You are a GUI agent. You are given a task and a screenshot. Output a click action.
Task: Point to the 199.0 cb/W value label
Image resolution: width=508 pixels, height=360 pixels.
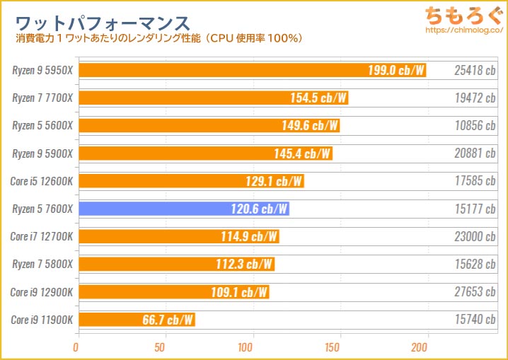(396, 71)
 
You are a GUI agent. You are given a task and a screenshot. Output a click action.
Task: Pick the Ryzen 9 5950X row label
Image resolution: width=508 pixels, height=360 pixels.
(42, 71)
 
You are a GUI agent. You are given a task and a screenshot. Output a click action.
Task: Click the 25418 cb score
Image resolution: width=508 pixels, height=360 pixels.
(475, 71)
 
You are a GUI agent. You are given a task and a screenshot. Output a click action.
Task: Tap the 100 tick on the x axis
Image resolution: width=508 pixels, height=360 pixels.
(246, 347)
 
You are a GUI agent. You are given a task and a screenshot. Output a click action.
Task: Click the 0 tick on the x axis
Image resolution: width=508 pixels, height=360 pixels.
(76, 347)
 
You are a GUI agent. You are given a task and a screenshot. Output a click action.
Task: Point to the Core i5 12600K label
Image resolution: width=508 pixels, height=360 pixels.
(42, 181)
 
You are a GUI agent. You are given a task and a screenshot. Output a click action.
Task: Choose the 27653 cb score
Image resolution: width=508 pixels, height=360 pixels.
(475, 291)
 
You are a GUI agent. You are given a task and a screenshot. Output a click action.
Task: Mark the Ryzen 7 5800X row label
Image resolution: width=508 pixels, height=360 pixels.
(42, 264)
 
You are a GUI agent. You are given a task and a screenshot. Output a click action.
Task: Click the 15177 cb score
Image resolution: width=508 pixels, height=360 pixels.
(475, 209)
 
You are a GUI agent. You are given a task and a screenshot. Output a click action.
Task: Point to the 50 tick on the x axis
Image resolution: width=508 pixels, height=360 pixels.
(161, 347)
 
